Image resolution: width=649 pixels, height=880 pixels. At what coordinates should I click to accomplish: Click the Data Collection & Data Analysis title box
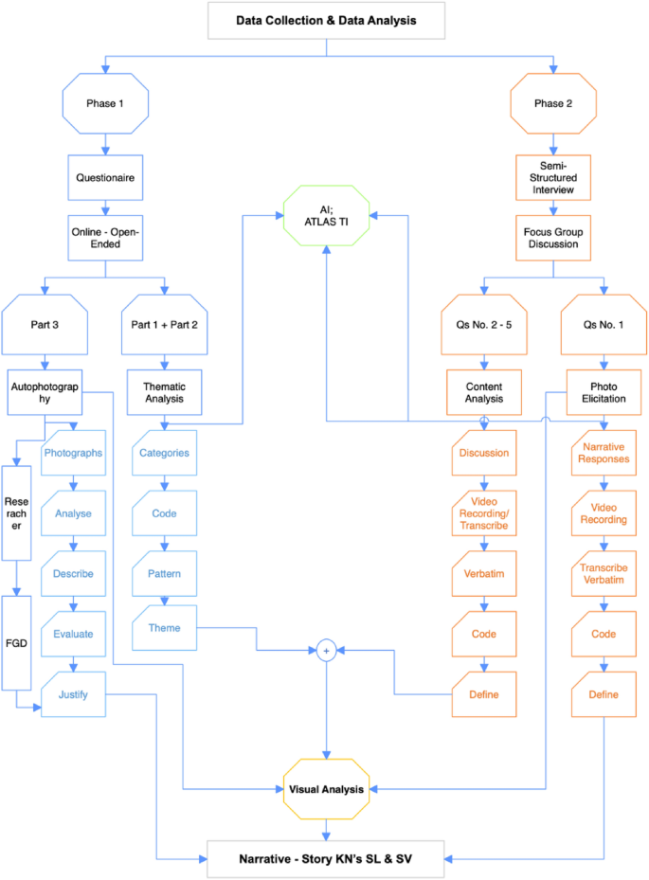(326, 20)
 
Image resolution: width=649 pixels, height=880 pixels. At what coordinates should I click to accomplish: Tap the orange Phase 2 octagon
(553, 103)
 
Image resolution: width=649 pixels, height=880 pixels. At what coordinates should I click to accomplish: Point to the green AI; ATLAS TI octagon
(327, 216)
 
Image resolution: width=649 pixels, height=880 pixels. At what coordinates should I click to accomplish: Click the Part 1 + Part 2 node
(166, 324)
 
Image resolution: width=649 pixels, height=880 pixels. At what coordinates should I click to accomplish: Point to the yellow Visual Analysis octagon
(327, 788)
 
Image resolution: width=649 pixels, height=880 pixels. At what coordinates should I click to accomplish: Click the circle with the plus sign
(327, 651)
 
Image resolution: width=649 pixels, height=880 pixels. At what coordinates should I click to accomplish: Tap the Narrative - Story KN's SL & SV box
(327, 859)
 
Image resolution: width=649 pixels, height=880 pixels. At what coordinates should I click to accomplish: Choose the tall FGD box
(16, 644)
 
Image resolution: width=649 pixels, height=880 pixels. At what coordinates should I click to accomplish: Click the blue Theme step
(164, 628)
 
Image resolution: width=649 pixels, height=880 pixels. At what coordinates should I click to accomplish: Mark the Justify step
(73, 694)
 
